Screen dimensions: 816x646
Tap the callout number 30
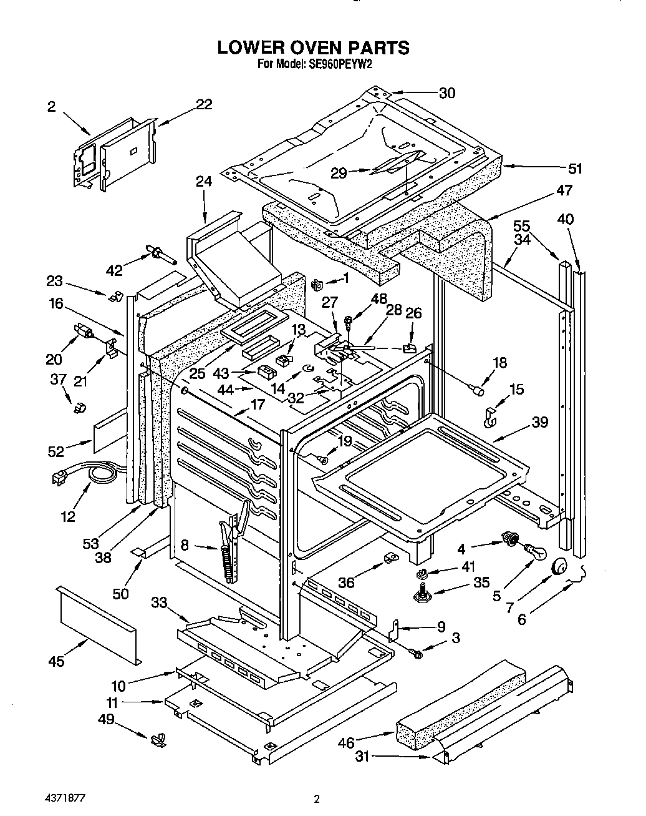coord(446,93)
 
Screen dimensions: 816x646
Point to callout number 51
coord(574,168)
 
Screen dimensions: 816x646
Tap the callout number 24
coord(204,182)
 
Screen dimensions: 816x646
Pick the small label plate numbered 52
coord(105,431)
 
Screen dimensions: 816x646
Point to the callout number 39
coord(539,422)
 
